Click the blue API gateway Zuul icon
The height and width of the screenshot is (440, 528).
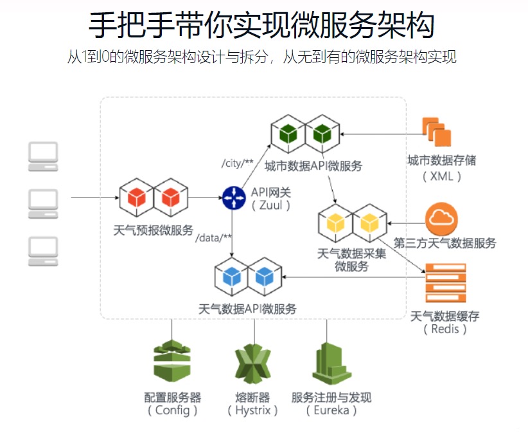(x=234, y=197)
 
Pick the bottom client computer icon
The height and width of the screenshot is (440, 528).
(x=43, y=252)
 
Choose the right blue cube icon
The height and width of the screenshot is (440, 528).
(x=265, y=277)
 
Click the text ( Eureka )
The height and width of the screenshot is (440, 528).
(x=331, y=410)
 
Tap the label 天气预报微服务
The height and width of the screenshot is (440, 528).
(x=153, y=230)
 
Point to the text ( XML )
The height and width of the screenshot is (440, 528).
(x=441, y=176)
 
